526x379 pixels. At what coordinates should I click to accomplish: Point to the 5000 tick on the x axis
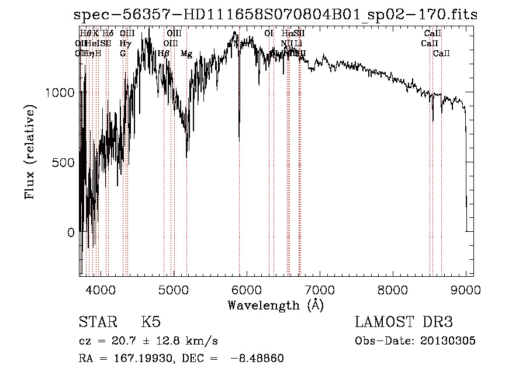[173, 290]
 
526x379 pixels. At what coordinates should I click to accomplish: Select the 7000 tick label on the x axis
[320, 290]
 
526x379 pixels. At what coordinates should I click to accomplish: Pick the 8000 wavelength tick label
[393, 290]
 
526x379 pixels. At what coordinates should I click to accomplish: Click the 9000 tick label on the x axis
[466, 290]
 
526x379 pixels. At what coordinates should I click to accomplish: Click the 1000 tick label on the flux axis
[61, 92]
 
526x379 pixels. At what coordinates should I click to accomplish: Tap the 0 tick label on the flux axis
[71, 232]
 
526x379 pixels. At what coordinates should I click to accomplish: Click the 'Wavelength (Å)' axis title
[275, 305]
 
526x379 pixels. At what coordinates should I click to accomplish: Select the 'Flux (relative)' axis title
[30, 152]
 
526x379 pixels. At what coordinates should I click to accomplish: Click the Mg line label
[186, 54]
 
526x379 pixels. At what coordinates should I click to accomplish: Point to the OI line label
[269, 34]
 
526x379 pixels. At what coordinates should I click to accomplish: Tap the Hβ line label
[164, 54]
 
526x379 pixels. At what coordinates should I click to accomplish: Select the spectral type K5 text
[151, 322]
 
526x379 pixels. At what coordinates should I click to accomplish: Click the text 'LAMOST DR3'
[403, 322]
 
